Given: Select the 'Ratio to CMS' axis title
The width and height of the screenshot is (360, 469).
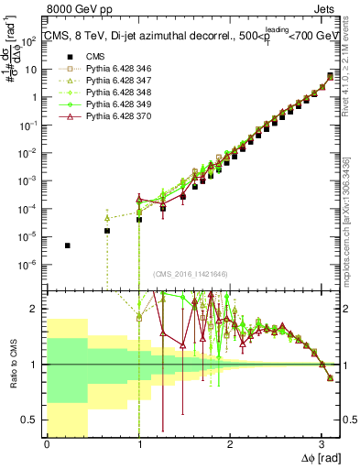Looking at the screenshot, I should coord(14,364).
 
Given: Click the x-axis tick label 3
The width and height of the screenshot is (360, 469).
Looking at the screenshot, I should coord(321,443).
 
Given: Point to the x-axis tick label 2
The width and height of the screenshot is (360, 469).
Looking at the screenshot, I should coord(229,443).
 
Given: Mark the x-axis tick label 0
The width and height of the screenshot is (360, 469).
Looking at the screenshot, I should coord(47,443).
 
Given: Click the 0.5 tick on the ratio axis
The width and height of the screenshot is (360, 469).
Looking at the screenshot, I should coord(33,420).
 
